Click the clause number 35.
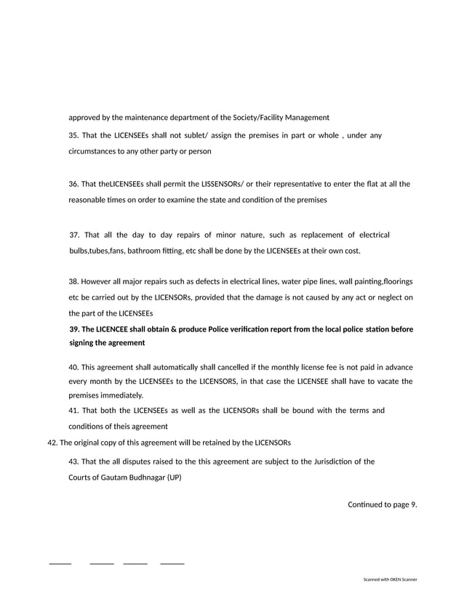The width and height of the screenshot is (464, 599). (x=73, y=135)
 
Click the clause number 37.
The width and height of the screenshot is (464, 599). (x=74, y=235)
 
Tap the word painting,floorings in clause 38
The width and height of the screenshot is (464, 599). (x=380, y=281)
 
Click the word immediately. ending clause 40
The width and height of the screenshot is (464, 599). (x=122, y=395)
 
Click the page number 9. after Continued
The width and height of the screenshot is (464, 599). (x=413, y=504)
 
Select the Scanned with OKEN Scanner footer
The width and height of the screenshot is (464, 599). (x=391, y=579)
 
